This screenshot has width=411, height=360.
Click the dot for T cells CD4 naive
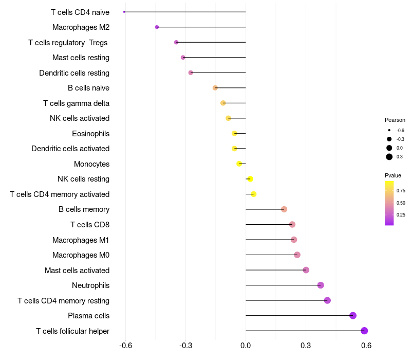(124, 12)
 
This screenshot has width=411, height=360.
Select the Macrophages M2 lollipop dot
(157, 27)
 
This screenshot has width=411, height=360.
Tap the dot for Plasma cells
(353, 315)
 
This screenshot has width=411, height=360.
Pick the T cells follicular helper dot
(364, 331)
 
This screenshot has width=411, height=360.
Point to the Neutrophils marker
(320, 285)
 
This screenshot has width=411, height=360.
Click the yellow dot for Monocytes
(239, 164)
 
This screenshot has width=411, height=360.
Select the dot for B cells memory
(284, 209)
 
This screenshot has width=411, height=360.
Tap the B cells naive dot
(215, 87)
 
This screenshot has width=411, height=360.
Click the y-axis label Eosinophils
(91, 134)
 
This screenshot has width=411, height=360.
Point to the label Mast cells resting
(81, 58)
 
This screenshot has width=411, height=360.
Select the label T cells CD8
(90, 225)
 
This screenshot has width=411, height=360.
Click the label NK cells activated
(80, 118)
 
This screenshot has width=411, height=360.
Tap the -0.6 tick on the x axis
(125, 345)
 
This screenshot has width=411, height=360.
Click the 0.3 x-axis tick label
(306, 345)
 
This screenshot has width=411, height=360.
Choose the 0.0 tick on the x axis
(246, 345)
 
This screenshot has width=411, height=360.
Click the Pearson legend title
(395, 120)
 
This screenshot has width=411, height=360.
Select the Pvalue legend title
(393, 175)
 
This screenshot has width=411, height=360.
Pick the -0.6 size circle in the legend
(389, 130)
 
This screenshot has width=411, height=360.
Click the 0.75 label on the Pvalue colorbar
(401, 190)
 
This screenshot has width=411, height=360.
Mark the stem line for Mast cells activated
(276, 269)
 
